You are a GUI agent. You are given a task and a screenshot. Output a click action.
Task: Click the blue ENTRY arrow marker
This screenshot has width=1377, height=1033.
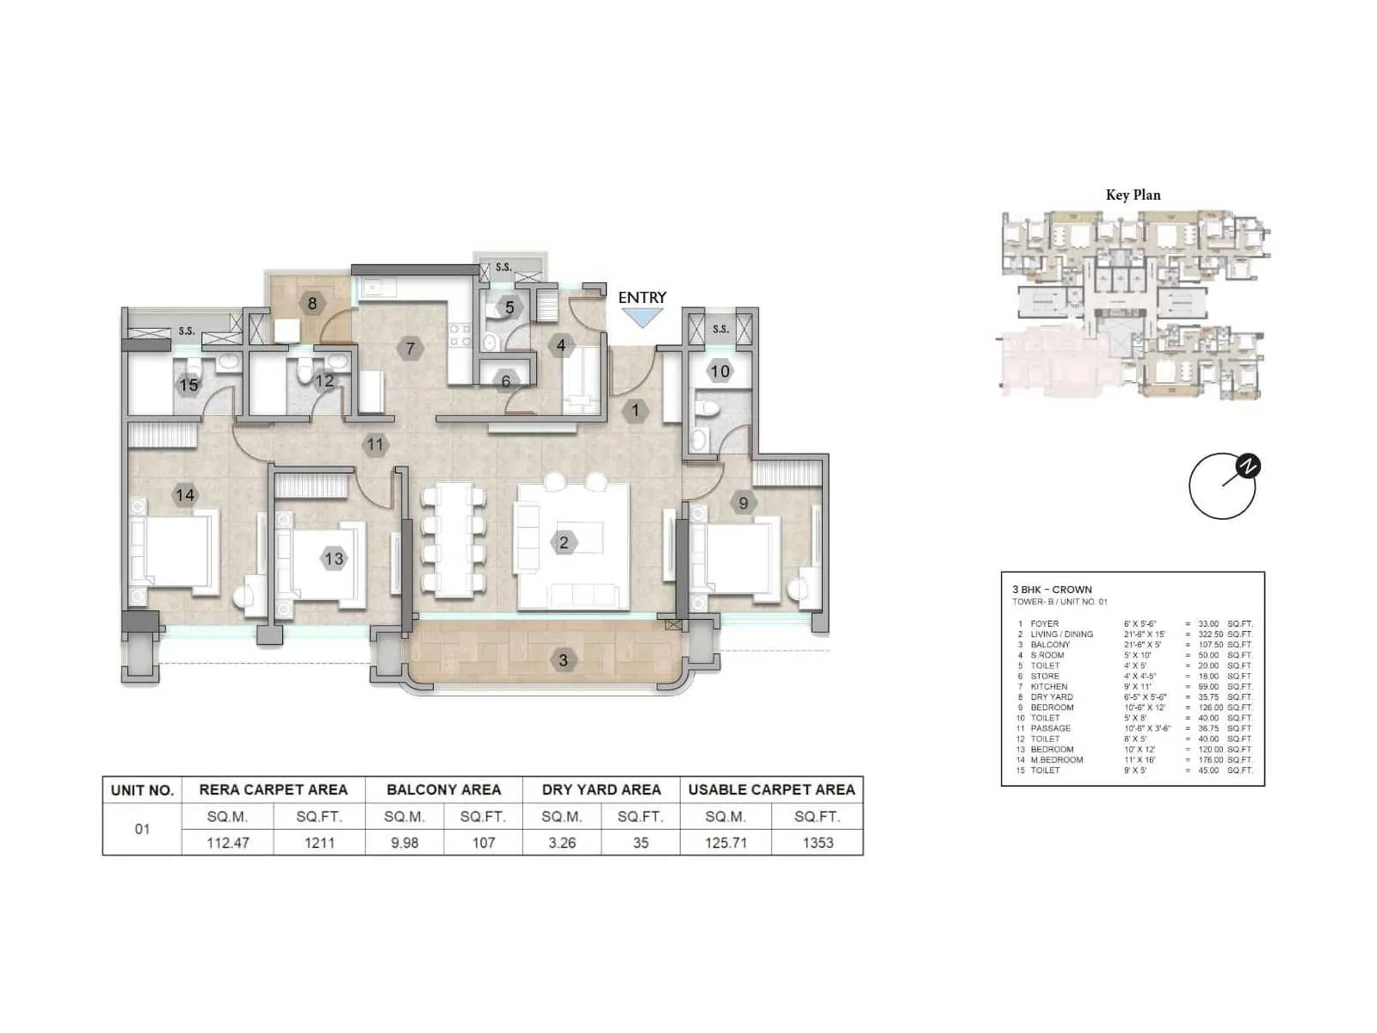tap(642, 318)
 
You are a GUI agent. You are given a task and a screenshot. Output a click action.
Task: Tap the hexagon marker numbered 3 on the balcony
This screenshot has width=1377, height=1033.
tap(563, 660)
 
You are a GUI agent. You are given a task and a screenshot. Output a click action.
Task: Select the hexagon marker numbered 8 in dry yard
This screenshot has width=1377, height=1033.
tap(312, 303)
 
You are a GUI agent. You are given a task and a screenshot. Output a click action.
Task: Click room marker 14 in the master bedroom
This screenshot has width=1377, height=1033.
tap(185, 495)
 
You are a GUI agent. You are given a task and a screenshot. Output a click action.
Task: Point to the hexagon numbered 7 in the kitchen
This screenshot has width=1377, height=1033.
tap(411, 349)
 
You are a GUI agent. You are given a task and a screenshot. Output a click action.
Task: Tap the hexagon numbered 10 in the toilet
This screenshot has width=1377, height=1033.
tap(719, 372)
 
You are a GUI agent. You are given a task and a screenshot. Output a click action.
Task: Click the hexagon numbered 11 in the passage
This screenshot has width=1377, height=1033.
tap(374, 445)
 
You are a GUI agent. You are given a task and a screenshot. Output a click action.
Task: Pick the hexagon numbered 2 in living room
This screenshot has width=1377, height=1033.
tap(564, 542)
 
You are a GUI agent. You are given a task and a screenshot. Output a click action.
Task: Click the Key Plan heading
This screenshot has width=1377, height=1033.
tap(1133, 195)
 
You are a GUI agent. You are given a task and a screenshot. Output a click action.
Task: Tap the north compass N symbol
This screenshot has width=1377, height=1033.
tap(1248, 467)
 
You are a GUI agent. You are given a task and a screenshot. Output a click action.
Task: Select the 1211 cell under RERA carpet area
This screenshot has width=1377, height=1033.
tap(319, 843)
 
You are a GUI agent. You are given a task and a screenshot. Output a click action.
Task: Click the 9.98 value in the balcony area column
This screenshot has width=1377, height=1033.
tap(404, 843)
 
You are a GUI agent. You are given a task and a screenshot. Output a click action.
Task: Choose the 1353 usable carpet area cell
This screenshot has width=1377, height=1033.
tap(818, 843)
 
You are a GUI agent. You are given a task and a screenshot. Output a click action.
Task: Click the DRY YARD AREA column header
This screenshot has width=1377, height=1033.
tap(601, 789)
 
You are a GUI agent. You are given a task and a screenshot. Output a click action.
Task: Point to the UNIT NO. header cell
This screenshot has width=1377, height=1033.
tap(142, 790)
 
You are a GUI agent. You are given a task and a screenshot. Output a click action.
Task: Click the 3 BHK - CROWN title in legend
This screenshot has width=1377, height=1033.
tap(1052, 590)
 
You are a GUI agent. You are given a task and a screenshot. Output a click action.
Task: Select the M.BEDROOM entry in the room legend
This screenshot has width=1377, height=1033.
tap(1057, 760)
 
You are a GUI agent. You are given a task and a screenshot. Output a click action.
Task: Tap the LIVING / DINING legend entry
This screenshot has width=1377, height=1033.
tap(1062, 634)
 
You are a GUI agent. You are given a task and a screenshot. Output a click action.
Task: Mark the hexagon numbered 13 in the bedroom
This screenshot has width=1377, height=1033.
tap(333, 559)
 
